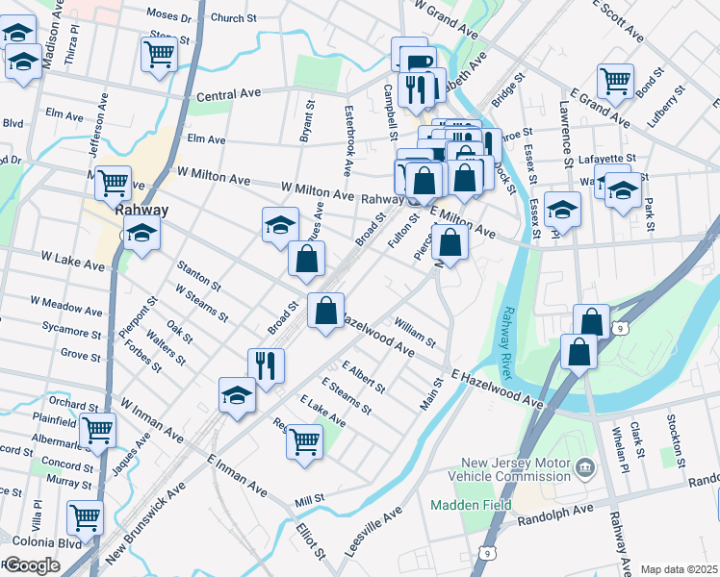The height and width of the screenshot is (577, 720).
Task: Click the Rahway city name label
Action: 141,211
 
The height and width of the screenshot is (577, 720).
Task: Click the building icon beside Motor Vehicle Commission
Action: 584,469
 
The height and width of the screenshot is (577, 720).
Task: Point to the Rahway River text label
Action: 506,342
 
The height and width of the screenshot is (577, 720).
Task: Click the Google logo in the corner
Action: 31,565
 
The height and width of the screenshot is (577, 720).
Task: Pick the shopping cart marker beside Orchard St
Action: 97,432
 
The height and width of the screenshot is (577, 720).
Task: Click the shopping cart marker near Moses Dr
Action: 159,54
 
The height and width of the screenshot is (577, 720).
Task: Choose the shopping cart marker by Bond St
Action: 614,82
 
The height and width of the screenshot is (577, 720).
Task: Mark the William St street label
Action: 415,332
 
